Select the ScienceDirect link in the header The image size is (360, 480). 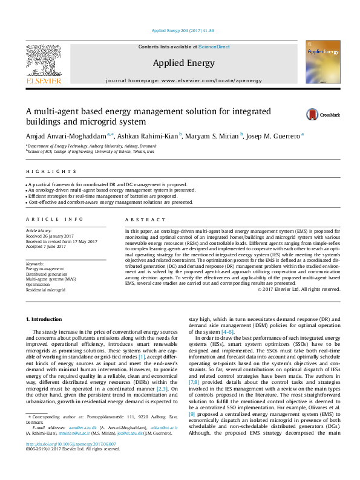point(211,47)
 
